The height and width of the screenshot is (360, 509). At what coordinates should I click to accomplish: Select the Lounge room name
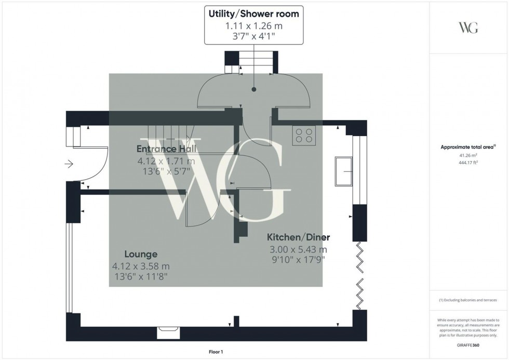click(x=141, y=254)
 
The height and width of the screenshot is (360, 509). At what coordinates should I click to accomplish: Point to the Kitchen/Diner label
click(x=298, y=237)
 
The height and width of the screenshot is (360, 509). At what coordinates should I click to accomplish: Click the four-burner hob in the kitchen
click(x=304, y=135)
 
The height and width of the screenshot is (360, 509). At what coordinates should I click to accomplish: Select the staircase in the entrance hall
click(x=169, y=139)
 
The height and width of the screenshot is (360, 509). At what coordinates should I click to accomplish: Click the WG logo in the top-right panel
click(x=468, y=28)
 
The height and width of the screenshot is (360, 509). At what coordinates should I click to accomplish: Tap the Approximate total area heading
click(x=468, y=147)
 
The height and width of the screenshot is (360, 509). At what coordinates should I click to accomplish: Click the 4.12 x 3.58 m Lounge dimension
click(x=141, y=266)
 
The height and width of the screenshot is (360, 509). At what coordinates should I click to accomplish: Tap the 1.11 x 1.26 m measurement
click(x=253, y=25)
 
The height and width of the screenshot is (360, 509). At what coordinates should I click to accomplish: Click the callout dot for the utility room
click(x=254, y=89)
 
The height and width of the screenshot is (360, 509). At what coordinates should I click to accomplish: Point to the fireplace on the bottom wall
click(x=168, y=328)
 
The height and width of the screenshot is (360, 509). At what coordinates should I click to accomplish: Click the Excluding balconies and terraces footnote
click(x=468, y=300)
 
